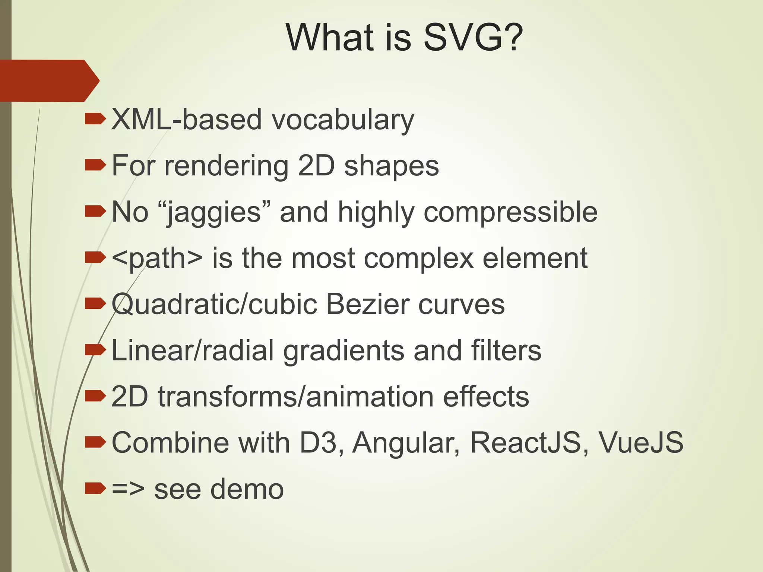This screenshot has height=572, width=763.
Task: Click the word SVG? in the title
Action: coord(473,37)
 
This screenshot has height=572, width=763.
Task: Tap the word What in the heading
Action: coord(330,37)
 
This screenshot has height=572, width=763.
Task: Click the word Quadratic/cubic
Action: coord(214,304)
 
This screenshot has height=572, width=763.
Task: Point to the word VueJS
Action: coord(641,442)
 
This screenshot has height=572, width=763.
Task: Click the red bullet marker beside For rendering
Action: coord(95,165)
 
